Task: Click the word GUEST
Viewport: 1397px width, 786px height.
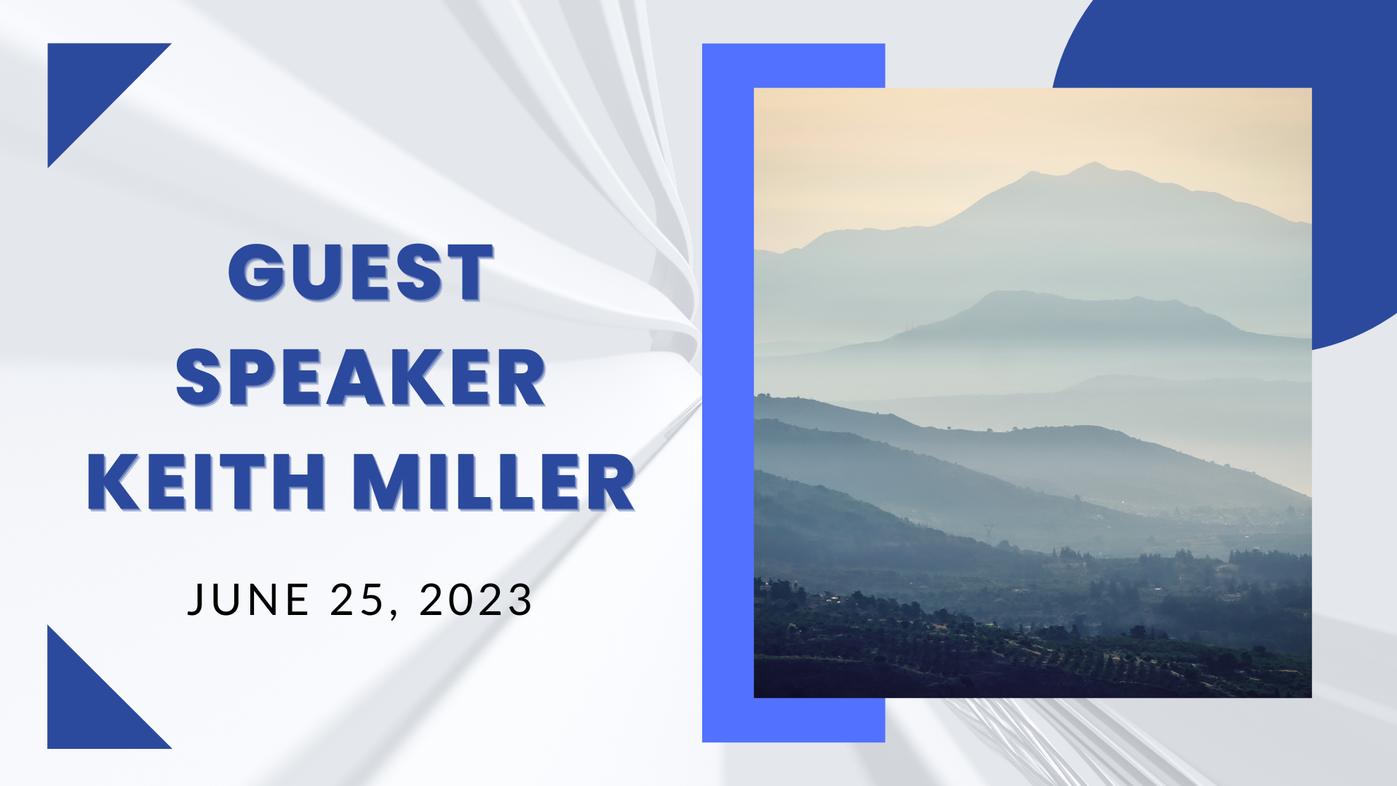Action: pyautogui.click(x=361, y=272)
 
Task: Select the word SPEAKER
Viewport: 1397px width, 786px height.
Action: pyautogui.click(x=361, y=377)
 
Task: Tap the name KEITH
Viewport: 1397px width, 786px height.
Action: pyautogui.click(x=207, y=482)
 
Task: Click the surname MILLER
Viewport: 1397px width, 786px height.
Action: pyautogui.click(x=494, y=482)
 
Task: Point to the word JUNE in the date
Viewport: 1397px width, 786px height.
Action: pyautogui.click(x=248, y=600)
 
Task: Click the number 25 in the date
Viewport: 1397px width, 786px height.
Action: pyautogui.click(x=357, y=600)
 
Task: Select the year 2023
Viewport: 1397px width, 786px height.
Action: pyautogui.click(x=476, y=600)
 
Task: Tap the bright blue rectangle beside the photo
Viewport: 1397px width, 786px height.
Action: pyautogui.click(x=728, y=393)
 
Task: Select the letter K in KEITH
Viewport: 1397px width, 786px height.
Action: pyautogui.click(x=114, y=482)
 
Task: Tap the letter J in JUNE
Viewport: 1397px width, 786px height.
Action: pyautogui.click(x=196, y=600)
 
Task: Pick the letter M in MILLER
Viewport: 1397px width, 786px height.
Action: pyautogui.click(x=387, y=482)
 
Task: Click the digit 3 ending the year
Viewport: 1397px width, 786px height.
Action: pyautogui.click(x=521, y=600)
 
